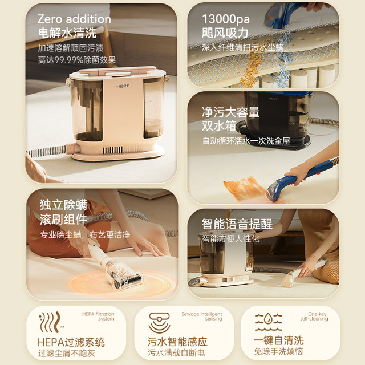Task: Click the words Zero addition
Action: point(74,19)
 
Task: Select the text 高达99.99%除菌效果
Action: point(77,59)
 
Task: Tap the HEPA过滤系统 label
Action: point(71,343)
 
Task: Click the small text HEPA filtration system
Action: point(98,315)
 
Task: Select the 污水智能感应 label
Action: point(178,343)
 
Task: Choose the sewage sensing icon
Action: point(160,321)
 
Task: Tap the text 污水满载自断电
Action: point(178,354)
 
